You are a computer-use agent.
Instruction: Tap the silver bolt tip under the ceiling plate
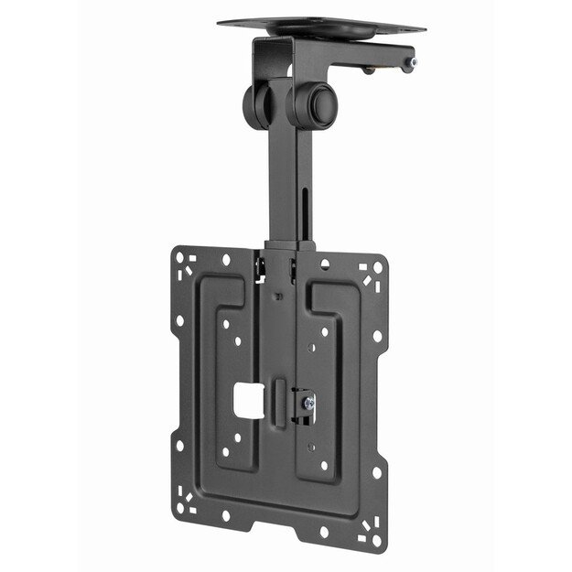414,62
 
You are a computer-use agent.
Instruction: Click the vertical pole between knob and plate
283,183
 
